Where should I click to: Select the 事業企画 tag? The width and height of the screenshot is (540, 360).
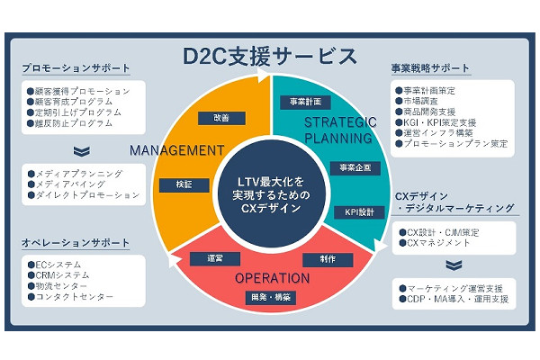tap(351, 168)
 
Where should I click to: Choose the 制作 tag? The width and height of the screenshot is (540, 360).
tap(328, 259)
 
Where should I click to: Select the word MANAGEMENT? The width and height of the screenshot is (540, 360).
tap(176, 149)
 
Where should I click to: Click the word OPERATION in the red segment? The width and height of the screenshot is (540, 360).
tap(272, 277)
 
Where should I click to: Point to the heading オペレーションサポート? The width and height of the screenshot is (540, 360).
tap(76, 243)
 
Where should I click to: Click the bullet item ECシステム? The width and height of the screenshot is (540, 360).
tap(59, 265)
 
